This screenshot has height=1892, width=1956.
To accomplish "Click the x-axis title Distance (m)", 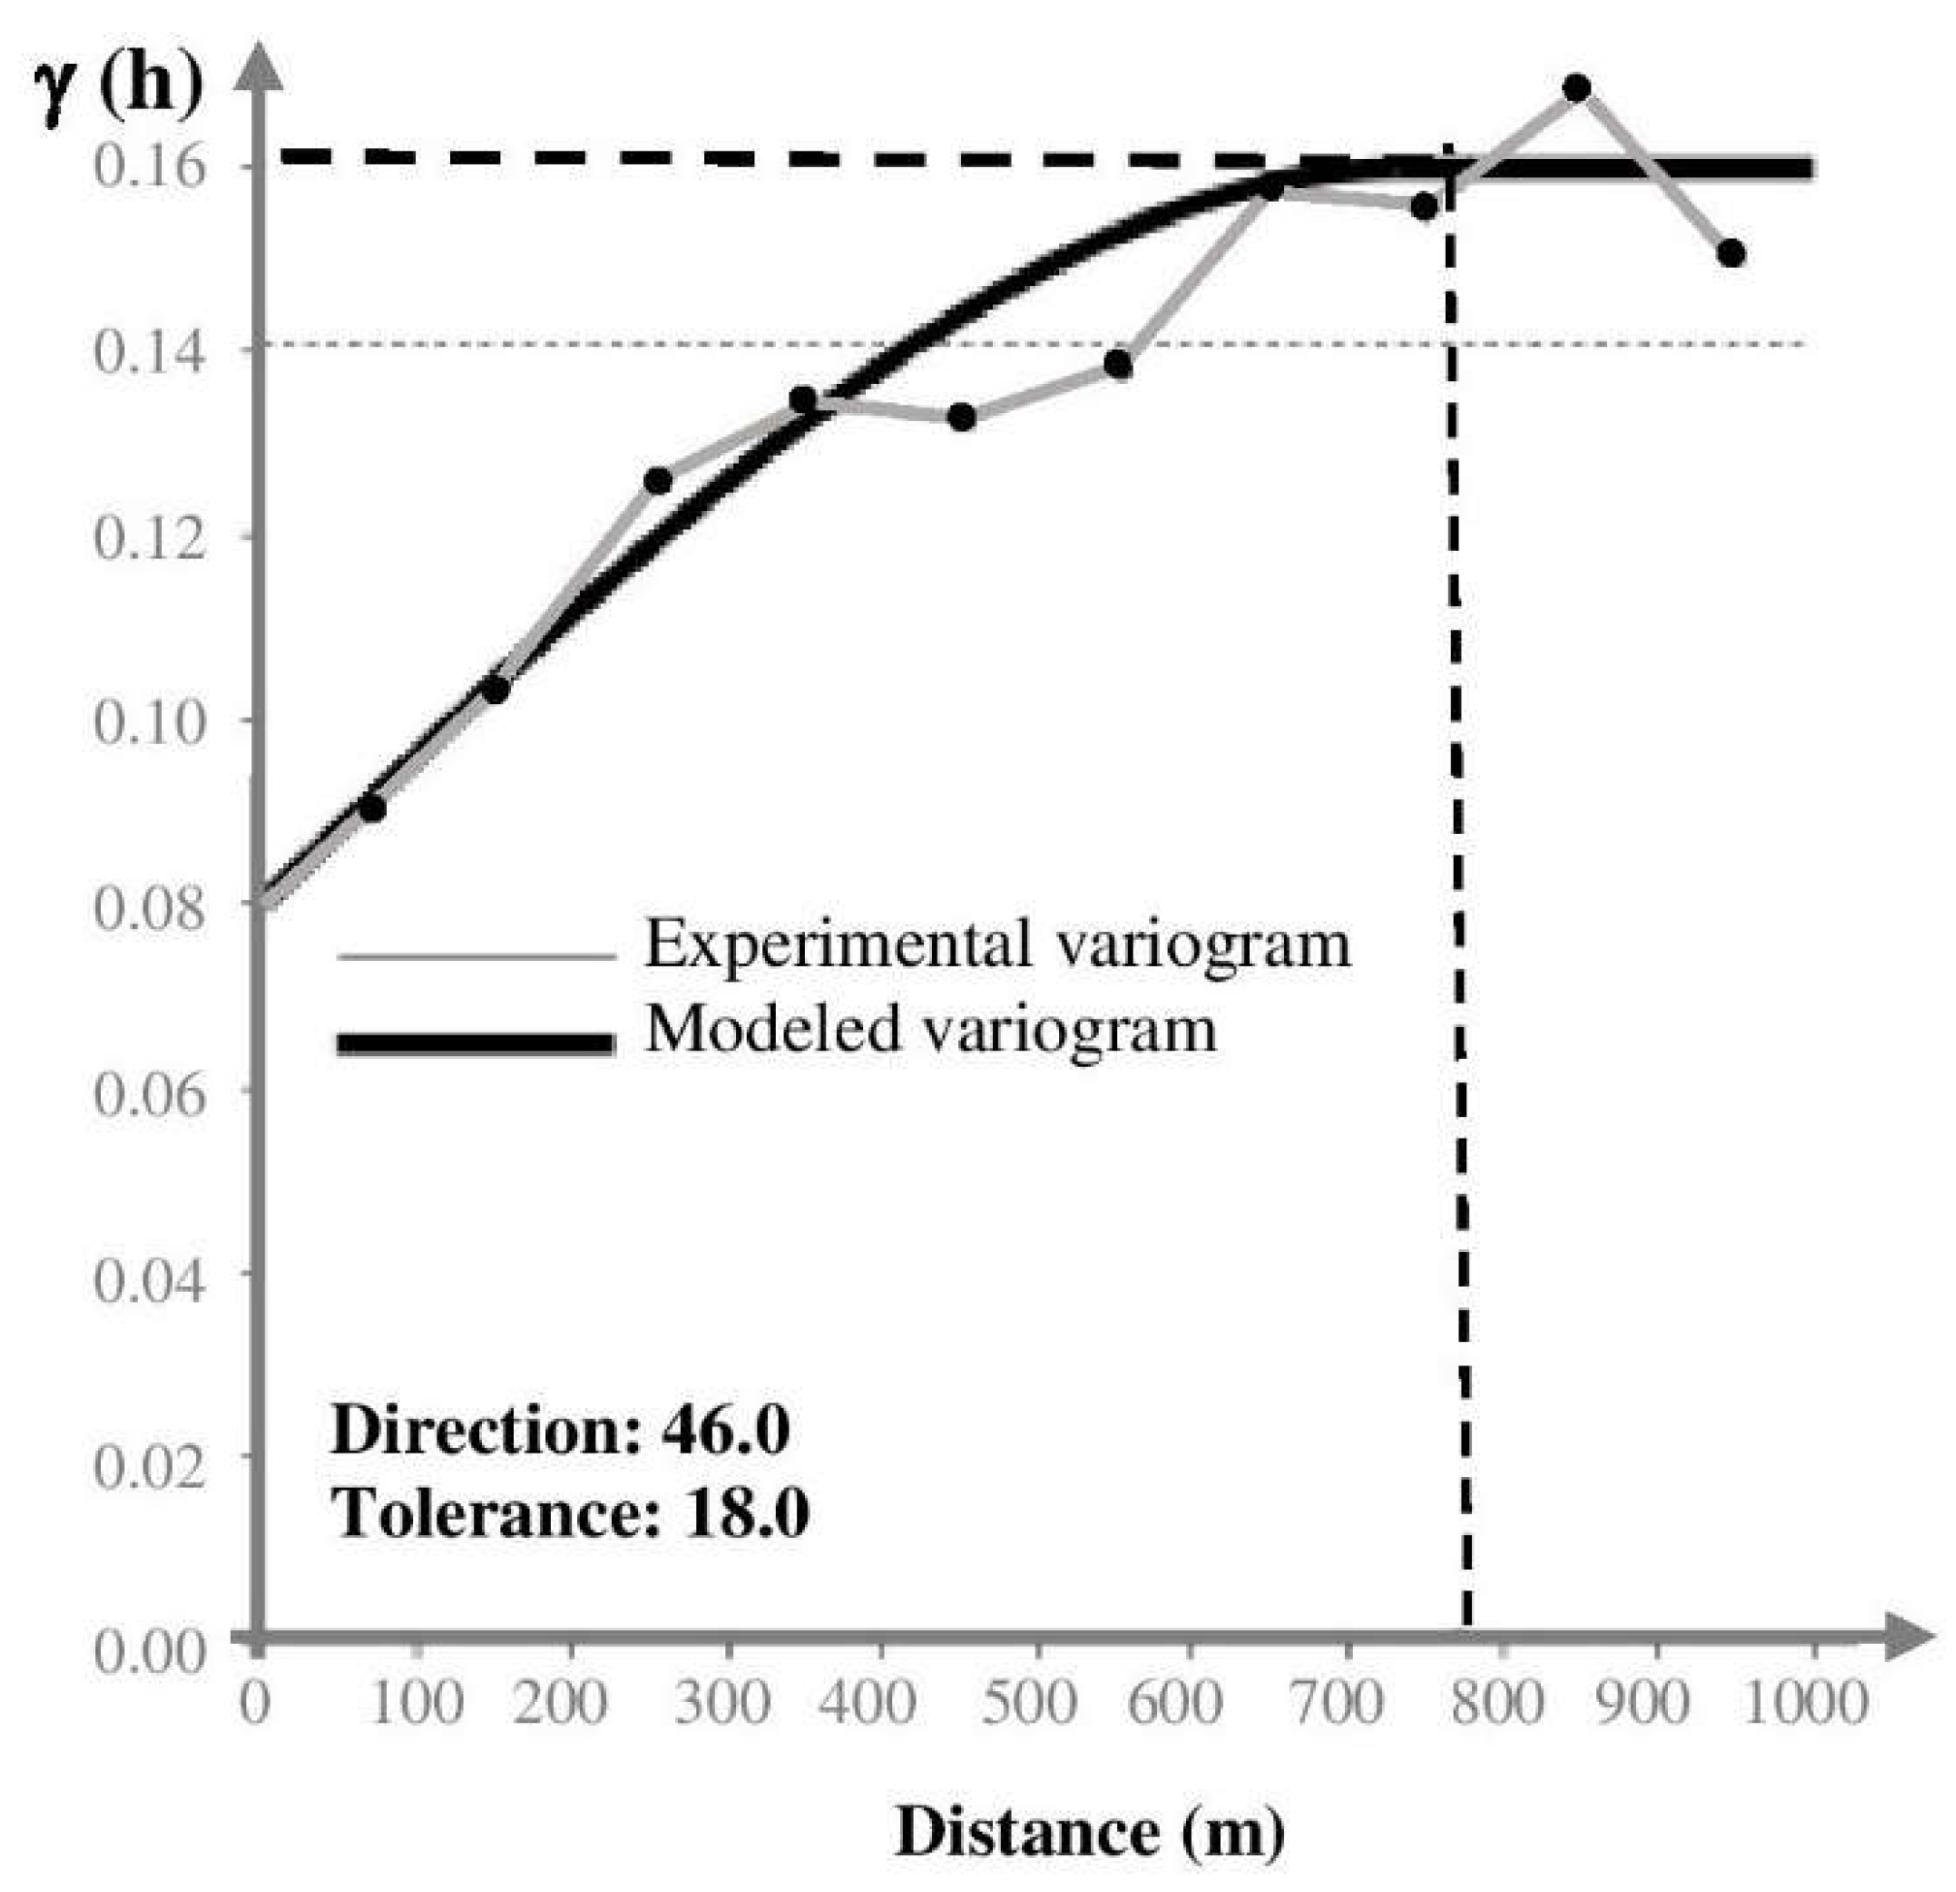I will [1089, 1832].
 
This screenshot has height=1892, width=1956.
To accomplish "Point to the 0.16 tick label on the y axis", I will [149, 165].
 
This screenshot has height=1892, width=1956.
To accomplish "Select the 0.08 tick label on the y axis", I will [149, 907].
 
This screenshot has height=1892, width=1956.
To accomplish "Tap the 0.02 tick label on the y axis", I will [149, 1465].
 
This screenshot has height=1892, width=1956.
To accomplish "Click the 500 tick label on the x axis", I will [1028, 1702].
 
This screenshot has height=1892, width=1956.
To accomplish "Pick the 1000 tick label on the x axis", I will [1805, 1702].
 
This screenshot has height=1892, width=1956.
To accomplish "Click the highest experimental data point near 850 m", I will [1577, 88].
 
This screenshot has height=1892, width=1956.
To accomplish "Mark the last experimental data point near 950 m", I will [1732, 252].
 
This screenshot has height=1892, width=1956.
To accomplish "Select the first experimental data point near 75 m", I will [372, 808].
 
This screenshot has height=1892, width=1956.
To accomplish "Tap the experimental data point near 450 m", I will [962, 417].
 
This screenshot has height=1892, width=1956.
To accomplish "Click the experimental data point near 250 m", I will [657, 481].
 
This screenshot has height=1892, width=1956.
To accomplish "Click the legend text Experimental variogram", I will [997, 943].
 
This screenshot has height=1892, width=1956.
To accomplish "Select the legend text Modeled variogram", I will [930, 1029].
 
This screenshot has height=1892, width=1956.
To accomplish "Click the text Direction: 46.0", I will [560, 1429].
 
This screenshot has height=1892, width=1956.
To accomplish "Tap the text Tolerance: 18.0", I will [570, 1513].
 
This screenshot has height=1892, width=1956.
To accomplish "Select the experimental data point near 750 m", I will [1426, 207].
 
